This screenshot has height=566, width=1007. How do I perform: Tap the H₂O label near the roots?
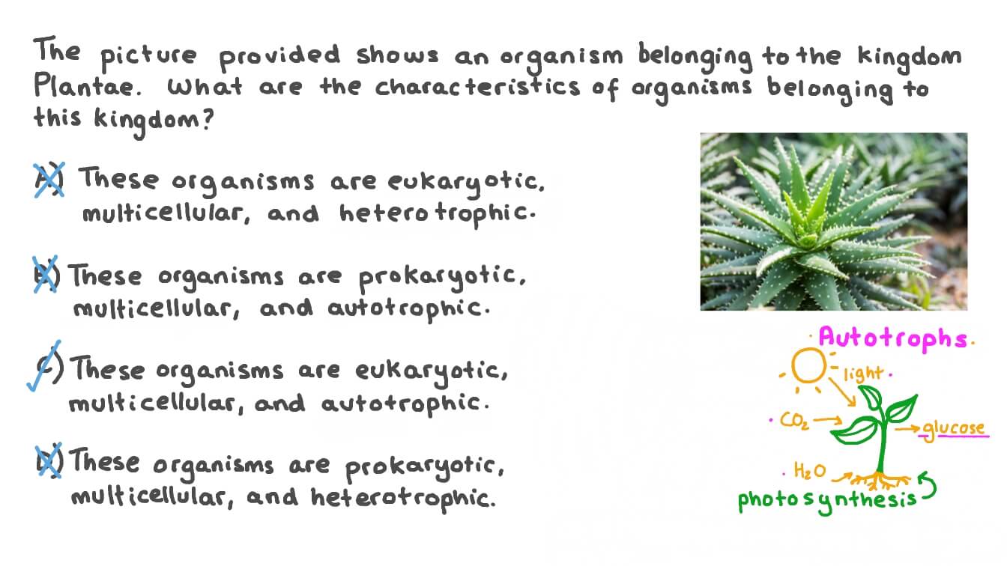(x=810, y=471)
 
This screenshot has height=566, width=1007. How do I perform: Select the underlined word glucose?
(x=953, y=428)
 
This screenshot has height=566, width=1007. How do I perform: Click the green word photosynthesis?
(x=826, y=499)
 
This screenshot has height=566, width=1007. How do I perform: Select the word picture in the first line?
(x=148, y=56)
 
